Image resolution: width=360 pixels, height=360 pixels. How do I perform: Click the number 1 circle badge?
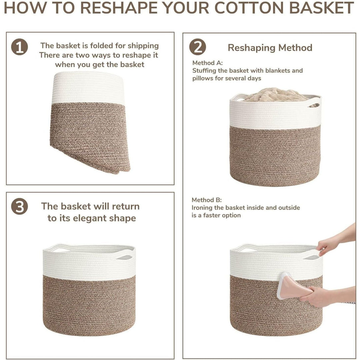[19, 47]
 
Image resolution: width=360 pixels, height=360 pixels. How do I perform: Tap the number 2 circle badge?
[197, 47]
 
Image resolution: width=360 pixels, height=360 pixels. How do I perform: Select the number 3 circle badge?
[19, 207]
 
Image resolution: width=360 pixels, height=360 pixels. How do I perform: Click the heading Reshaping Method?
[270, 48]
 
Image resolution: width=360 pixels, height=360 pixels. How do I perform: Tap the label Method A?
[207, 63]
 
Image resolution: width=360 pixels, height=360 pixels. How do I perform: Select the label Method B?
[206, 200]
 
